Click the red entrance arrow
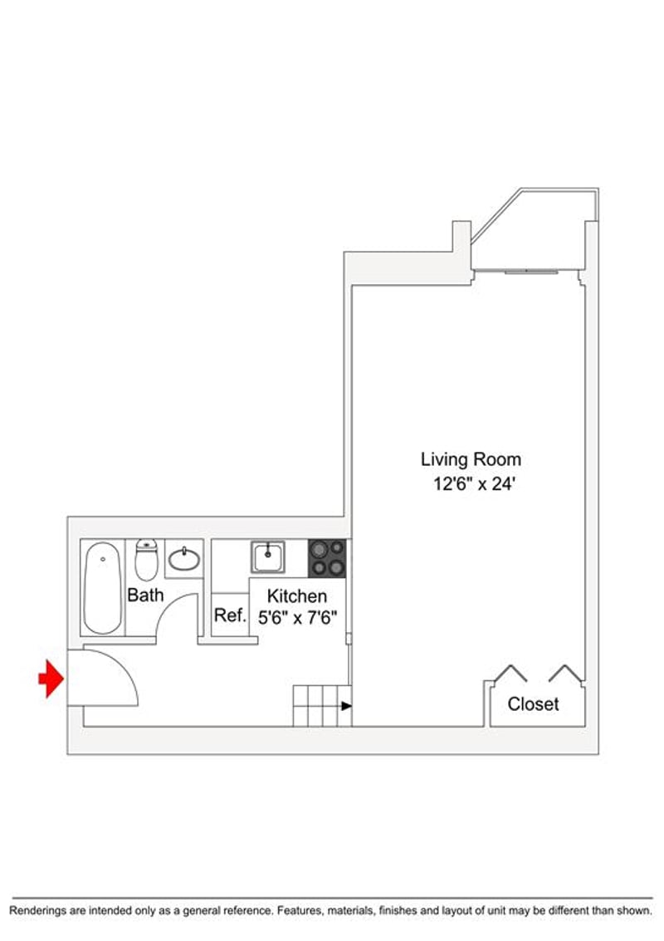coord(51,679)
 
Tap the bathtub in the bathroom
coord(103,588)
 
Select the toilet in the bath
coord(146,559)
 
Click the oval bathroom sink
coord(184,559)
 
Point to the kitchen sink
coord(267,557)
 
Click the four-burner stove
coord(327,558)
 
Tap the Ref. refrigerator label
coord(231,615)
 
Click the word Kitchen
coord(297,596)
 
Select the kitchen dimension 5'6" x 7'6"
coord(297,618)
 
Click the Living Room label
coord(471,459)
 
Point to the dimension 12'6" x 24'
coord(475,483)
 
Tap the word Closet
coord(533,704)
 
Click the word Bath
coord(145,595)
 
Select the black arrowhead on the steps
coord(346,706)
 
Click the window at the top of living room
coord(531,272)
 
